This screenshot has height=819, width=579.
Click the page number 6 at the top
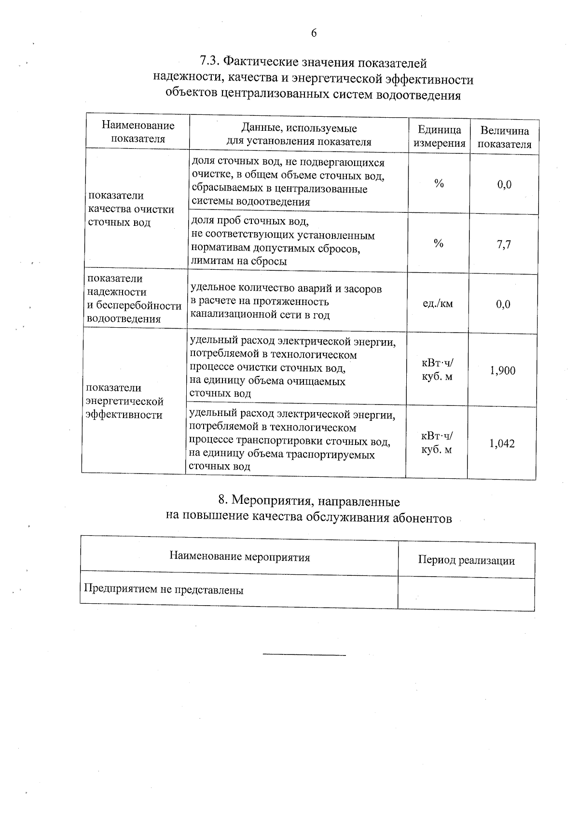[314, 33]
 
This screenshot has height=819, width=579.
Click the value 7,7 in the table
[504, 244]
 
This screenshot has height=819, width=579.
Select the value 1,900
[503, 371]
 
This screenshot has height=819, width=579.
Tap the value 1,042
[502, 444]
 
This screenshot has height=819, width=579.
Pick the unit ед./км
[438, 304]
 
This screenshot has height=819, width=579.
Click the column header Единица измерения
[439, 137]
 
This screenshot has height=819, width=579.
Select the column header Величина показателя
[504, 138]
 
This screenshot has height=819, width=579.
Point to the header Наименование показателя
[138, 132]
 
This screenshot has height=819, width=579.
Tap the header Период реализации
[466, 560]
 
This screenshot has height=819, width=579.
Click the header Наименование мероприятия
[239, 557]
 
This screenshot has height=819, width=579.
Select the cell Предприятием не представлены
[164, 590]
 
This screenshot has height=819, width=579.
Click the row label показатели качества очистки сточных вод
[131, 209]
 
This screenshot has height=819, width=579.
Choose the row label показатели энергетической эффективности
[124, 402]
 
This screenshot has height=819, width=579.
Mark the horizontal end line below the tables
[304, 655]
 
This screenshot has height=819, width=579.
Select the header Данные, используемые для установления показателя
[299, 135]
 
